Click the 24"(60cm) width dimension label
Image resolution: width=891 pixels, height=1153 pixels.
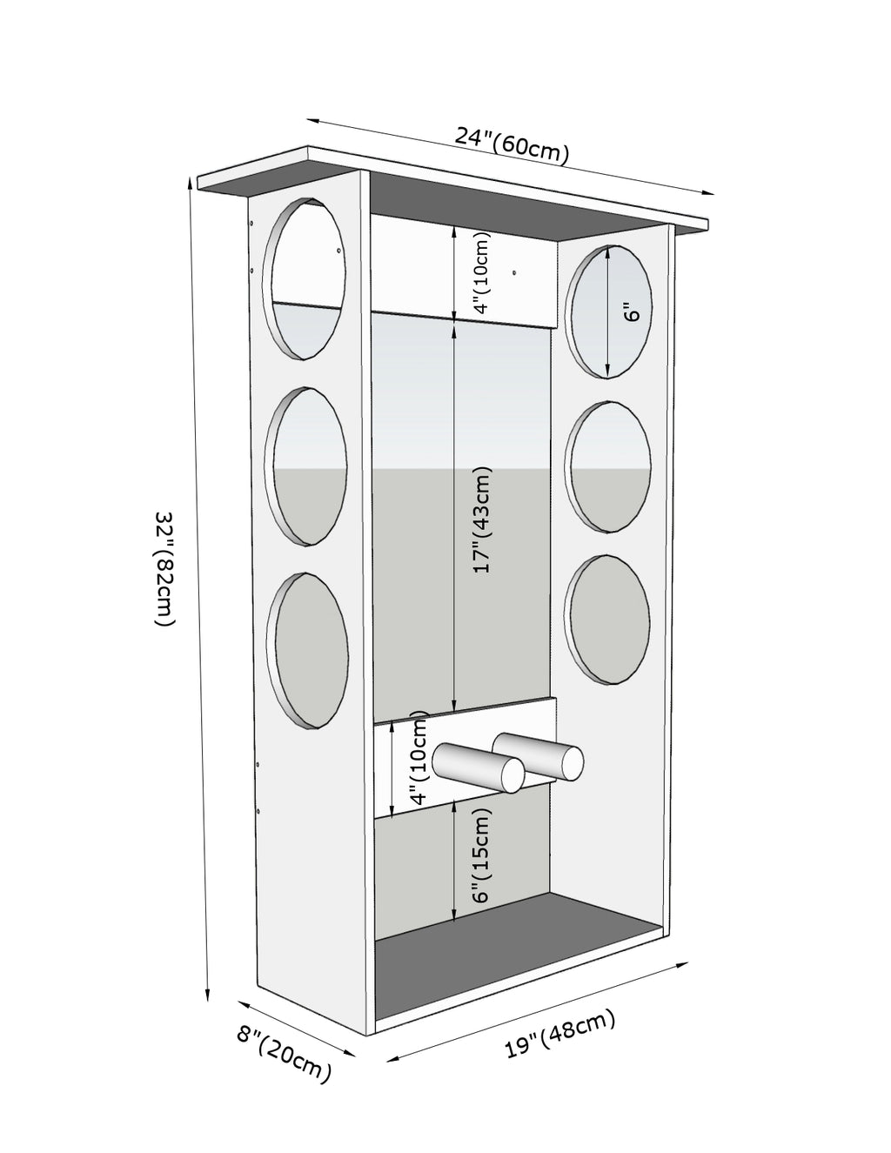pyautogui.click(x=512, y=145)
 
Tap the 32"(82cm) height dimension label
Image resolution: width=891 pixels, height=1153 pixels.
pyautogui.click(x=164, y=568)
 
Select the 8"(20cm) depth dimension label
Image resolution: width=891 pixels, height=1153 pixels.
pyautogui.click(x=284, y=1054)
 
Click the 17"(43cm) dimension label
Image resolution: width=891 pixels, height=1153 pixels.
pyautogui.click(x=482, y=520)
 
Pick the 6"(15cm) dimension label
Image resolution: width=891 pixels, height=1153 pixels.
pyautogui.click(x=482, y=855)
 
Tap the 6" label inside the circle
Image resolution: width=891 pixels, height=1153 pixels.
pyautogui.click(x=633, y=311)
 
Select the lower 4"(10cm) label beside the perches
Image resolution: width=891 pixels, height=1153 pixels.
pyautogui.click(x=419, y=760)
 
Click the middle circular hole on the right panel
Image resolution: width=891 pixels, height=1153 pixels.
pyautogui.click(x=608, y=466)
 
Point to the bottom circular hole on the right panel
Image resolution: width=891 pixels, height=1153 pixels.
pyautogui.click(x=608, y=619)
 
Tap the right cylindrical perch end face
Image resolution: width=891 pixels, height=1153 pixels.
pyautogui.click(x=572, y=762)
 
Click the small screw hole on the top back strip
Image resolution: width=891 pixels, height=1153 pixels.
pyautogui.click(x=514, y=272)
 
